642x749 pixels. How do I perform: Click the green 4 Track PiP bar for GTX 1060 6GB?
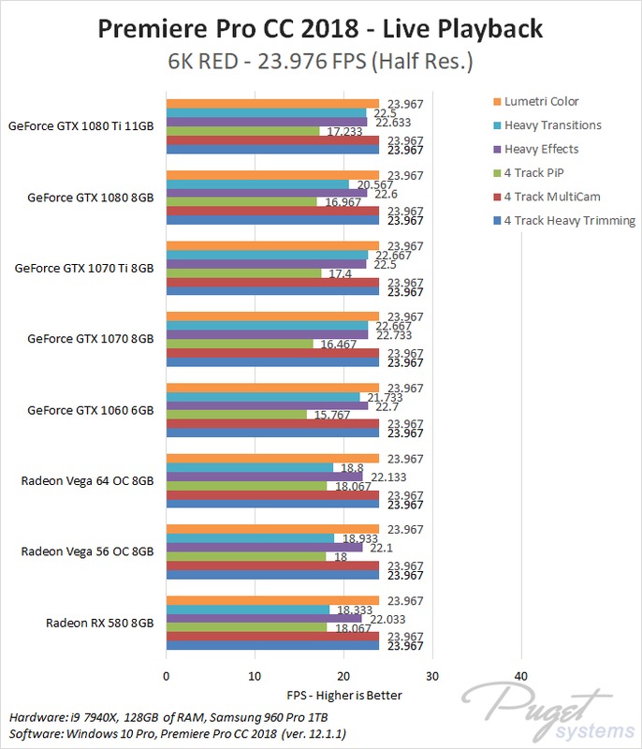click(236, 415)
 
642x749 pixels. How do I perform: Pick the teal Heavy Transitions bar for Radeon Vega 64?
click(250, 467)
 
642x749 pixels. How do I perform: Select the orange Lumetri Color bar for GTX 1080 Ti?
click(272, 104)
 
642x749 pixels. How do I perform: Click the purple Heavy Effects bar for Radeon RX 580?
click(264, 618)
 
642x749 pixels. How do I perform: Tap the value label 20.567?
click(369, 184)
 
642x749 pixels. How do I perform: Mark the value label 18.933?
click(356, 538)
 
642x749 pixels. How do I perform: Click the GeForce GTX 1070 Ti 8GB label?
click(84, 268)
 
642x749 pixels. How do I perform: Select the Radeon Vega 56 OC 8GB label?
click(87, 551)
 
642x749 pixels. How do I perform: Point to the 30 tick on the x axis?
click(432, 676)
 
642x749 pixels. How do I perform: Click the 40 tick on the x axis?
click(521, 676)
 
